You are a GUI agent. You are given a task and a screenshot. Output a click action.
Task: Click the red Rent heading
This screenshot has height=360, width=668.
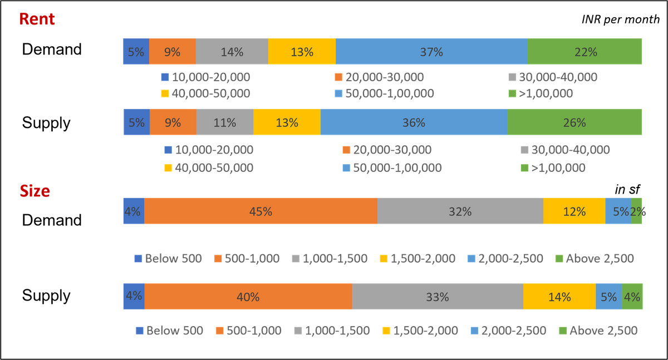click(x=37, y=19)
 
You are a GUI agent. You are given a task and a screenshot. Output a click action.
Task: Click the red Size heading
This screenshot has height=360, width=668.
click(x=35, y=191)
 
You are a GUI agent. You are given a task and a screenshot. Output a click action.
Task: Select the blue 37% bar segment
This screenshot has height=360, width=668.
click(x=431, y=52)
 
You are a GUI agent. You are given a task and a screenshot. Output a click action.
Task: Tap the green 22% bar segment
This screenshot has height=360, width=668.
click(x=585, y=52)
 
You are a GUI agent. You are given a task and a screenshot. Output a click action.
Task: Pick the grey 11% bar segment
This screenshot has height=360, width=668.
click(x=225, y=122)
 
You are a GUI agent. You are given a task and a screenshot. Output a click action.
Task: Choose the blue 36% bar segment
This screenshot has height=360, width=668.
click(x=414, y=122)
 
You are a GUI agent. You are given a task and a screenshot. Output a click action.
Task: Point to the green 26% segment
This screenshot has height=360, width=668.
click(x=574, y=122)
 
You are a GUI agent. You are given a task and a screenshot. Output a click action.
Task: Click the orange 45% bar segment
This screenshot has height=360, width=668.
click(x=261, y=211)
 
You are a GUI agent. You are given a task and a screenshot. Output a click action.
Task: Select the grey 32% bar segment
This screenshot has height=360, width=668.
click(x=460, y=211)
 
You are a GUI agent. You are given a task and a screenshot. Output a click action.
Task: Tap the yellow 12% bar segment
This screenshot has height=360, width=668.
click(x=574, y=211)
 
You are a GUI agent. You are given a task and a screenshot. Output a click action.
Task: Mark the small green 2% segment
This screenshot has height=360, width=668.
click(x=637, y=211)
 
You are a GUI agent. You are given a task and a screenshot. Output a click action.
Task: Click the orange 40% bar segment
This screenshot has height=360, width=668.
click(x=248, y=297)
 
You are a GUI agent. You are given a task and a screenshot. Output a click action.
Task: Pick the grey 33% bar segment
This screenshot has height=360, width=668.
click(x=438, y=297)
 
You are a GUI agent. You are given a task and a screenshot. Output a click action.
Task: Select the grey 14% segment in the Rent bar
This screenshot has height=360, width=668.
click(x=232, y=52)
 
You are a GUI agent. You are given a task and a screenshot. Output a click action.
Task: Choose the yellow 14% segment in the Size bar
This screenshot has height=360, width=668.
click(x=559, y=297)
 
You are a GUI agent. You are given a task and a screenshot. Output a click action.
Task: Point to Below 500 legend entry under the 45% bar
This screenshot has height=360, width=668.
click(x=168, y=259)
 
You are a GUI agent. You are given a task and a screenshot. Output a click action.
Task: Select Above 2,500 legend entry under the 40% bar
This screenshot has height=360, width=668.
click(x=597, y=331)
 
